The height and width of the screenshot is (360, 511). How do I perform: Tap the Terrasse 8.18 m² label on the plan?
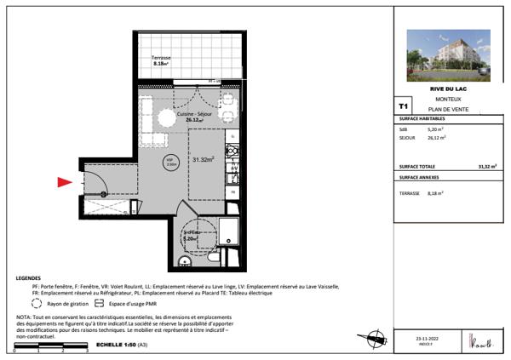pyautogui.click(x=161, y=60)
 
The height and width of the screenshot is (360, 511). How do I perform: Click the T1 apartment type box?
pyautogui.click(x=404, y=106)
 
